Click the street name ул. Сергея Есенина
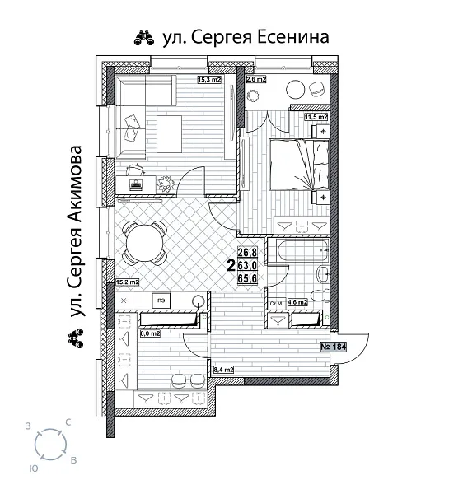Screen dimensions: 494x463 tap(241, 37)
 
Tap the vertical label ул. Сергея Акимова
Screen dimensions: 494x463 tap(77, 233)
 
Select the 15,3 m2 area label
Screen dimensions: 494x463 tap(211, 80)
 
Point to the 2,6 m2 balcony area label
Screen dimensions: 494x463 tap(256, 80)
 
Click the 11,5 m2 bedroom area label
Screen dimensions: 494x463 tap(316, 118)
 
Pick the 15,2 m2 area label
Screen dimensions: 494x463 tap(127, 282)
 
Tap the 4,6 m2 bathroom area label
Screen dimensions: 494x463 tap(297, 302)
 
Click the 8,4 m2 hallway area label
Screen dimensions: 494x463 tap(223, 370)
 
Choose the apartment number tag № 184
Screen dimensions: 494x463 tap(333, 347)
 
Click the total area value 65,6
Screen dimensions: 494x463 tap(247, 278)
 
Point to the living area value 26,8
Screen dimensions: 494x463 tap(247, 254)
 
